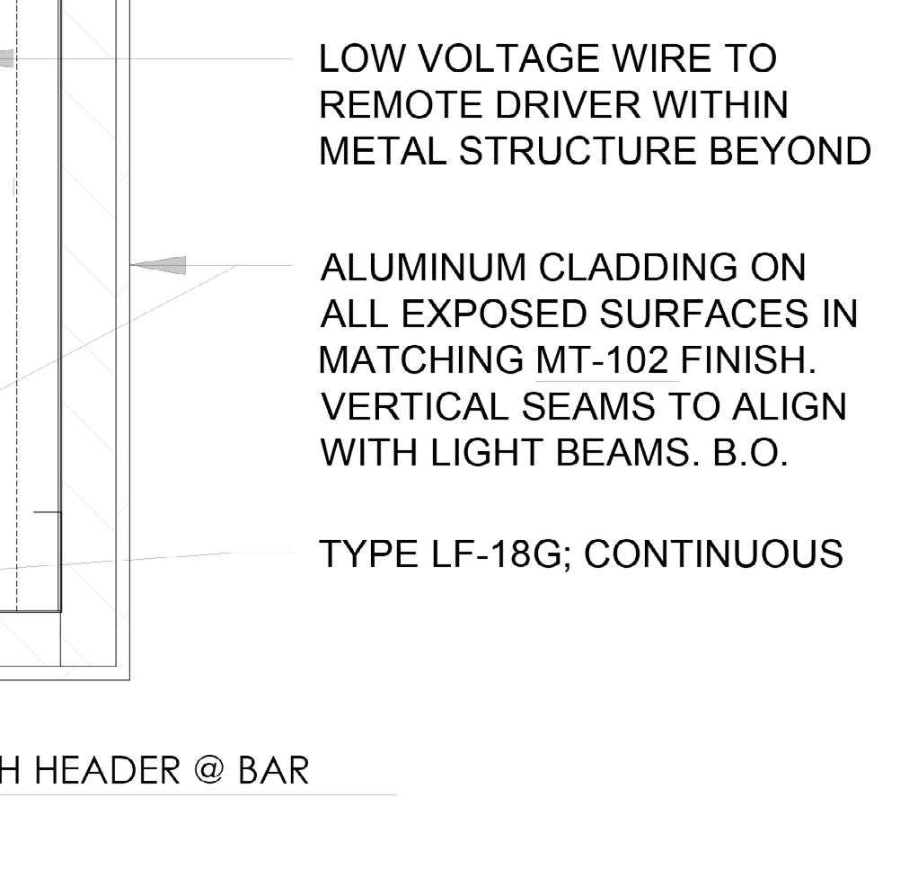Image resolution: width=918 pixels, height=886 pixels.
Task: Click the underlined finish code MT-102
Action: click(602, 361)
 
